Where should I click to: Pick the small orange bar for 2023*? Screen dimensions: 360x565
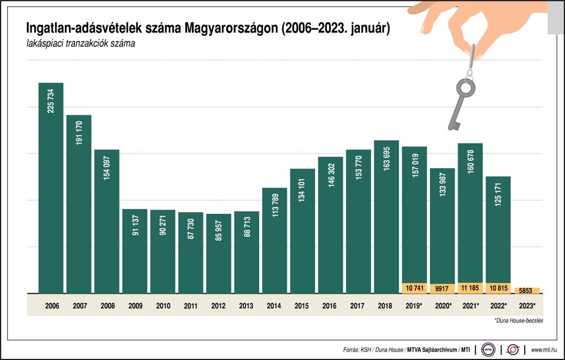[x=526, y=291]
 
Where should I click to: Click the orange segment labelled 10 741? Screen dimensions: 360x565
[x=414, y=288]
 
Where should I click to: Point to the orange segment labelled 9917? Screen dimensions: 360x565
[x=443, y=288]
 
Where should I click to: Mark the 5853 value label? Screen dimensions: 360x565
[x=526, y=291]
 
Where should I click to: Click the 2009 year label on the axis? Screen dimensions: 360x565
[x=135, y=304]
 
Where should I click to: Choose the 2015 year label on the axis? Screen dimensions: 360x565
[x=302, y=304]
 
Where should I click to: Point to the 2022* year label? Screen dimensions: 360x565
[x=498, y=304]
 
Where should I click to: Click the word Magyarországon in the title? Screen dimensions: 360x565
[x=231, y=28]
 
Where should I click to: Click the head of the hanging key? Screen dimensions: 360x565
[x=465, y=87]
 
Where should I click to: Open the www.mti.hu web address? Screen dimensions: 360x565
[x=543, y=350]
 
